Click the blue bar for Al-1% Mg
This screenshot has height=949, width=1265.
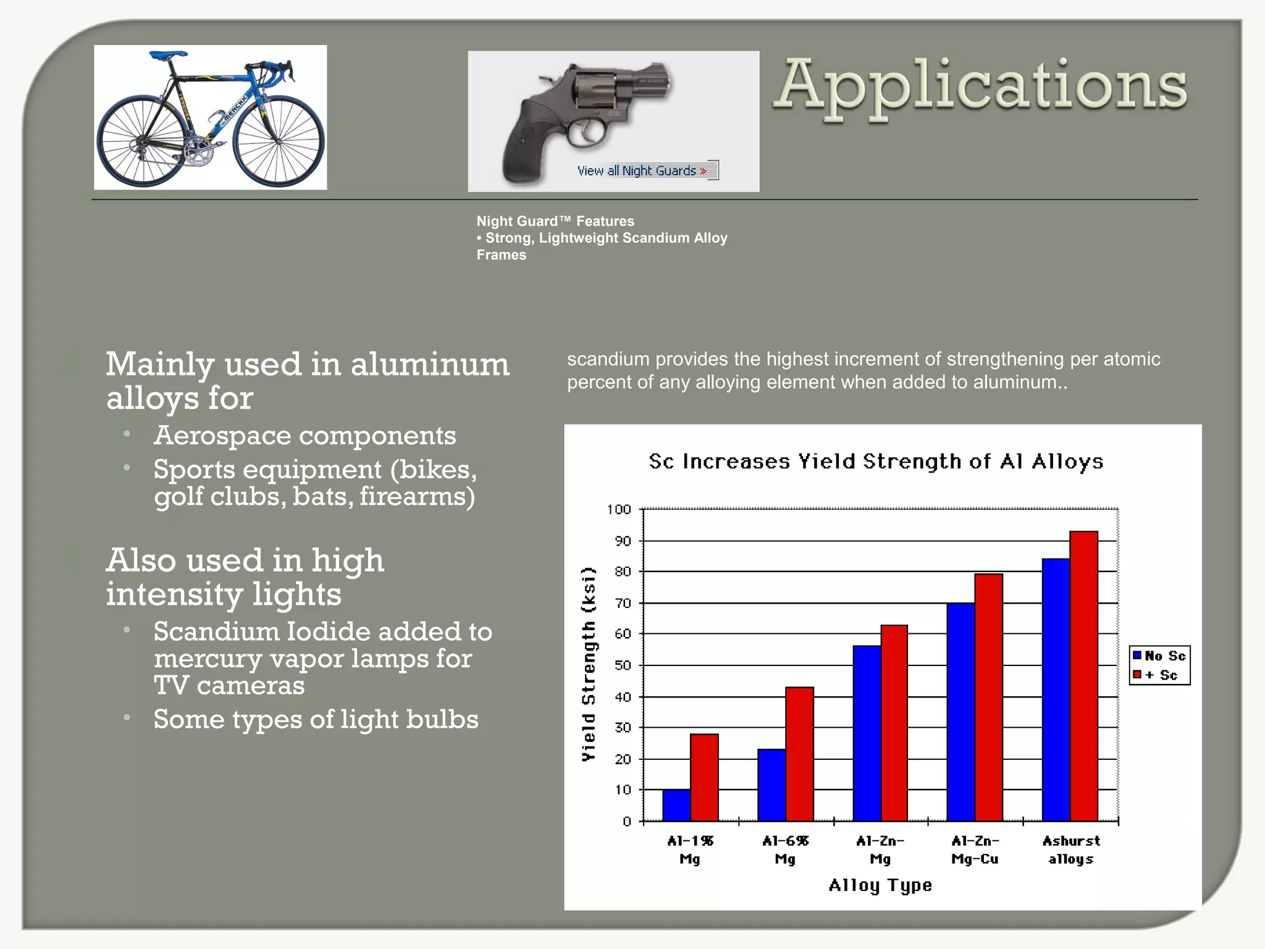676,805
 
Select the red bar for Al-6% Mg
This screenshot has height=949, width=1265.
799,754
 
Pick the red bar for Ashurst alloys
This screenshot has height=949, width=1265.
1084,676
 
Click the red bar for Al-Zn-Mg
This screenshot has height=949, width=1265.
894,723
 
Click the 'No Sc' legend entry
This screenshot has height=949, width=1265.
1159,656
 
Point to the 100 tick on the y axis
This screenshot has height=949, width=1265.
619,510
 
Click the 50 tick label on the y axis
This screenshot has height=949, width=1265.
623,665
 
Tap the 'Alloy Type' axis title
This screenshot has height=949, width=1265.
880,885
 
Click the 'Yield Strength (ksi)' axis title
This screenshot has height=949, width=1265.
589,664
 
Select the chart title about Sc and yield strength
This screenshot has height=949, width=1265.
876,462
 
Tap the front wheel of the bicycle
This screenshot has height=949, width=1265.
279,141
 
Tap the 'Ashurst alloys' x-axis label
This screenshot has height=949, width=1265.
1071,850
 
